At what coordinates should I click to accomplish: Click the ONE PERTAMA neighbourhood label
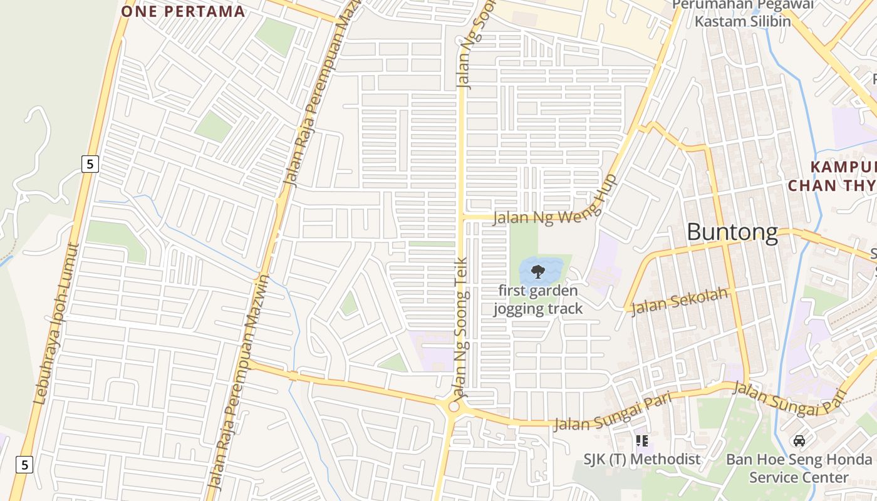tap(182, 11)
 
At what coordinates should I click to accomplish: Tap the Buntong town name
tap(732, 232)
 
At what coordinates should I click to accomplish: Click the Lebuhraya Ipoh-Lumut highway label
tap(57, 323)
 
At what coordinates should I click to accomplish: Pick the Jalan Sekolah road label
tap(680, 301)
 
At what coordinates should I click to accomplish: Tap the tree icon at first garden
tap(537, 271)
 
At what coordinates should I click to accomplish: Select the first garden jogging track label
tap(537, 299)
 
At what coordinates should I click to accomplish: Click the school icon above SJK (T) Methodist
tap(642, 441)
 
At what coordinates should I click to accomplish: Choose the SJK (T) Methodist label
tap(641, 459)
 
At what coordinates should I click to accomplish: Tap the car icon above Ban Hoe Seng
tap(799, 441)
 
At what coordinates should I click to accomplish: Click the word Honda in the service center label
tap(848, 460)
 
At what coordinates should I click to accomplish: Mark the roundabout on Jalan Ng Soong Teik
tap(454, 407)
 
